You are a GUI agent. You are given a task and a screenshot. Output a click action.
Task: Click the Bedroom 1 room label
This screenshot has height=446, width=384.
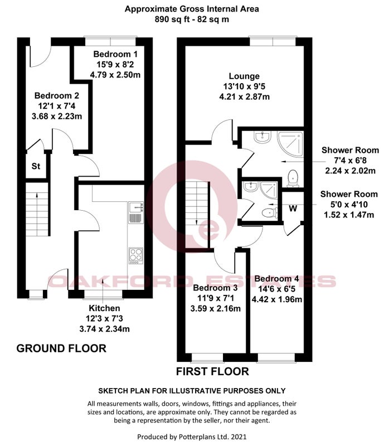[x=115, y=54]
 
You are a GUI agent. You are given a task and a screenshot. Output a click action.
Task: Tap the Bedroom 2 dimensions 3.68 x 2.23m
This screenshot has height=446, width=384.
[x=57, y=117]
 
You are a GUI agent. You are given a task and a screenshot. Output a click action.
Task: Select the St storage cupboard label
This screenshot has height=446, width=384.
[x=36, y=166]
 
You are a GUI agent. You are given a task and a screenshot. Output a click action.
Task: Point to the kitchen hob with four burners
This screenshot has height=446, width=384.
[x=136, y=256]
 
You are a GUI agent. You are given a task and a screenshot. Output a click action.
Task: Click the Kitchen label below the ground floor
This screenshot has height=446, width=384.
[x=104, y=308]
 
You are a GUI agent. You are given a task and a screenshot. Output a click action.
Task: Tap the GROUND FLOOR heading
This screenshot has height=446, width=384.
[x=61, y=348]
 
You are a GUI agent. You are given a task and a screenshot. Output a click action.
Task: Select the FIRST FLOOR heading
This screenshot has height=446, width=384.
[x=212, y=371]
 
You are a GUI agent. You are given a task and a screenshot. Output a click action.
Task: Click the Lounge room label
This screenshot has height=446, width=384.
[x=244, y=76]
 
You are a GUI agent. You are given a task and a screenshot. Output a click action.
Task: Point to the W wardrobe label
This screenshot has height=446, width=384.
[x=293, y=209]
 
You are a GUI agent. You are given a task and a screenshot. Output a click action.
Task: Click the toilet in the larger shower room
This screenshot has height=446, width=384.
[x=293, y=178]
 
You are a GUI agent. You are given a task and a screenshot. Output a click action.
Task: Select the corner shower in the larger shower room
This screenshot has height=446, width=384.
[x=290, y=144]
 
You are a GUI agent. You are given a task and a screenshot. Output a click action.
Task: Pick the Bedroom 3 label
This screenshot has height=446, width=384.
[x=215, y=288]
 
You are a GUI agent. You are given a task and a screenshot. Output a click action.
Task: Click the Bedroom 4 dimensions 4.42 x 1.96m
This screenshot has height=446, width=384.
[x=277, y=299]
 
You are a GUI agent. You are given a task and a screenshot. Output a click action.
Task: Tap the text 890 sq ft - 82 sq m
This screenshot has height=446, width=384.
[x=192, y=20]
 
